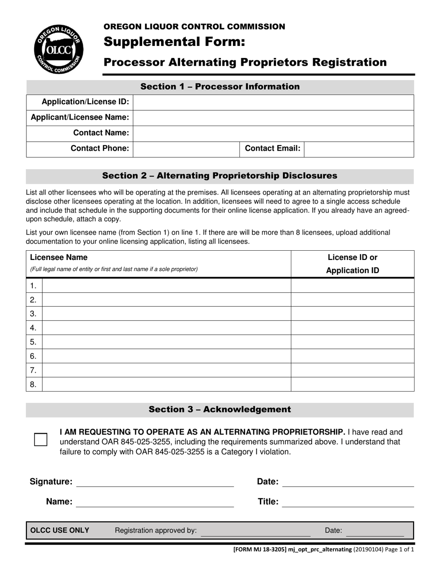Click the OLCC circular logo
click(x=58, y=49)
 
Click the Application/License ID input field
click(x=273, y=102)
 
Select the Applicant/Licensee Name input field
click(x=273, y=118)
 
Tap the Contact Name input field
click(x=273, y=133)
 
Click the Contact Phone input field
click(x=186, y=149)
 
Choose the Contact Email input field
click(x=359, y=149)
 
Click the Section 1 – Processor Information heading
click(x=220, y=87)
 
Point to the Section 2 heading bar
click(x=220, y=176)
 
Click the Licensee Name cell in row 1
click(x=166, y=286)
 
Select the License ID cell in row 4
click(x=352, y=328)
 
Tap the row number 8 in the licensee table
click(x=33, y=384)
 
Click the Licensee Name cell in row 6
click(x=166, y=356)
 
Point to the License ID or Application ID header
click(x=352, y=264)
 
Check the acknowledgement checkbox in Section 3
click(x=41, y=439)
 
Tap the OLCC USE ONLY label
click(x=60, y=531)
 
